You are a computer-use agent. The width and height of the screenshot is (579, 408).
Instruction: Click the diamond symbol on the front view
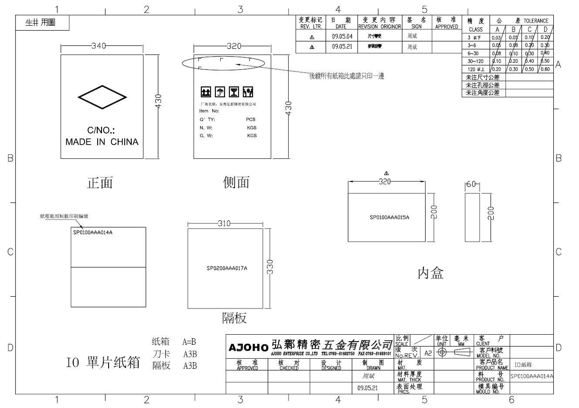[102, 97]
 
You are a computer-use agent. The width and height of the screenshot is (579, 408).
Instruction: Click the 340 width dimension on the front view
[99, 46]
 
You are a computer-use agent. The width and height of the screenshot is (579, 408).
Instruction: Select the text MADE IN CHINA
[102, 142]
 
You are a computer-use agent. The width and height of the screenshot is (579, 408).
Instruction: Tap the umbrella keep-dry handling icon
[220, 92]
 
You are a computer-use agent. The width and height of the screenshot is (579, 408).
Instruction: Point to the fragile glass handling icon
[234, 92]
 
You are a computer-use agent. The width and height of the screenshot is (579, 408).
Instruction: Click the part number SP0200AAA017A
[227, 268]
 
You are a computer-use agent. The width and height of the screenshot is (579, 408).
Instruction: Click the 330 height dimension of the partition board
[270, 267]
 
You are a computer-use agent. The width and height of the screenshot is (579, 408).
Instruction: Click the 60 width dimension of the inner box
[471, 185]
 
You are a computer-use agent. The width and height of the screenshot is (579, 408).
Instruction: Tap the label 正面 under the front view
[100, 183]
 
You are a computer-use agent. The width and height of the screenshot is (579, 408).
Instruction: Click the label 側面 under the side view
[236, 182]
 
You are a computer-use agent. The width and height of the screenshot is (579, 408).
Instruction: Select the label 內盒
[430, 274]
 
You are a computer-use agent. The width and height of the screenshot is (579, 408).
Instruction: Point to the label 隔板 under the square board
[234, 318]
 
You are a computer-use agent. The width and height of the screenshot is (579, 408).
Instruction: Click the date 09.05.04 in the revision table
[341, 37]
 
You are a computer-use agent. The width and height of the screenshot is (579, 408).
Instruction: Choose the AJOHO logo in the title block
[249, 348]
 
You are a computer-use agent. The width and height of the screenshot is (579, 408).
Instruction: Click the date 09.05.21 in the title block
[368, 387]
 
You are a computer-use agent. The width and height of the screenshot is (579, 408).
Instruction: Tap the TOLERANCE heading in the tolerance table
[536, 21]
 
